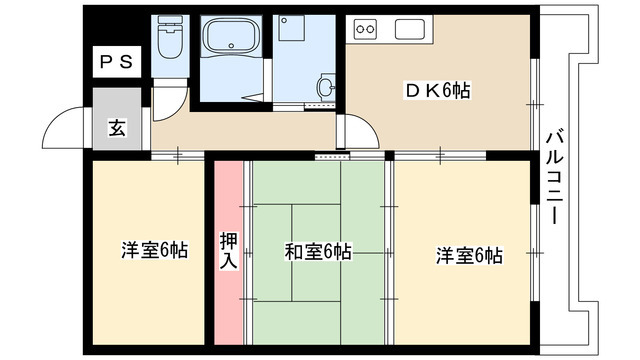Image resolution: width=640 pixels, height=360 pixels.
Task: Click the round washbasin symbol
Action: (x=326, y=87)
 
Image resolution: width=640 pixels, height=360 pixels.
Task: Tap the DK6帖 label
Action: (x=437, y=91)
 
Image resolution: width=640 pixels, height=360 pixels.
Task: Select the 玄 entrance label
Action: (x=116, y=127)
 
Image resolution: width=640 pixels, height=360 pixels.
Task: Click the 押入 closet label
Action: (x=228, y=249)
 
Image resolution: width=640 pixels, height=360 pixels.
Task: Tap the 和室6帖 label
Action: (x=317, y=251)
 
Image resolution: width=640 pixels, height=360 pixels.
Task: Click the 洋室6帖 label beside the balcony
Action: (x=468, y=255)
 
